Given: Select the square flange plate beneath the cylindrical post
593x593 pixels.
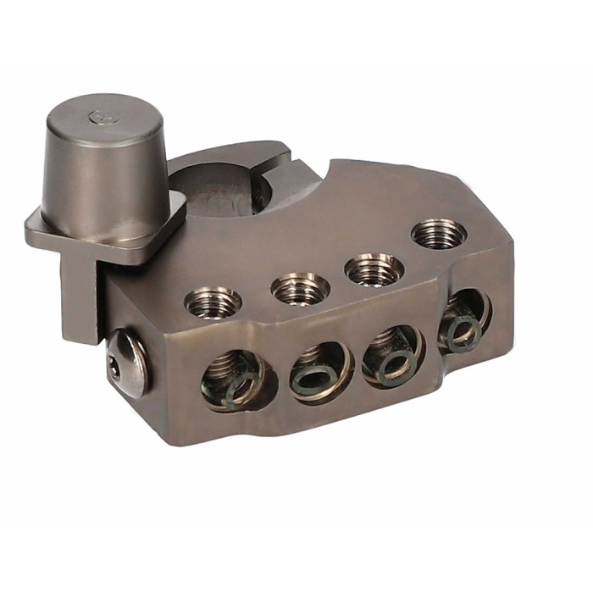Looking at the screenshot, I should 51,229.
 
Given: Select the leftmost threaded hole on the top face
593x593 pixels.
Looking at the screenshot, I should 213,301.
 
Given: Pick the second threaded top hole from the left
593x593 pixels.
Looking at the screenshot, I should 300,288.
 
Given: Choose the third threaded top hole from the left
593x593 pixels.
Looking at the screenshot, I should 374,269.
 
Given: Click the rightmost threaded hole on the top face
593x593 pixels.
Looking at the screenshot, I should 439,233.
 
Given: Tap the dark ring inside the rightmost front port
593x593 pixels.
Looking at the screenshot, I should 464,333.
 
